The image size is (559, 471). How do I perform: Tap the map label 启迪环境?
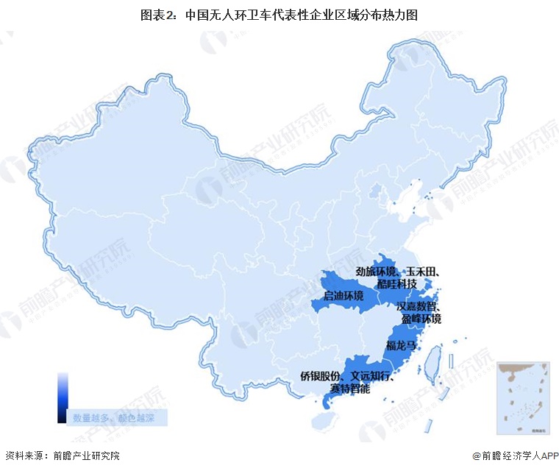point(343,296)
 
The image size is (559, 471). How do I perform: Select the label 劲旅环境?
point(375,272)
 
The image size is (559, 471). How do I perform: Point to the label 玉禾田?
point(423,272)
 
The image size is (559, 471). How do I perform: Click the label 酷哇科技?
point(397,284)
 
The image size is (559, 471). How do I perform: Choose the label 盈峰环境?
point(421,319)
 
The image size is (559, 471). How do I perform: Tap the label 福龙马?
point(402,345)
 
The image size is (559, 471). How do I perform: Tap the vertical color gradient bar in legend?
point(63,397)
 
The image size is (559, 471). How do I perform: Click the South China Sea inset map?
point(523,397)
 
